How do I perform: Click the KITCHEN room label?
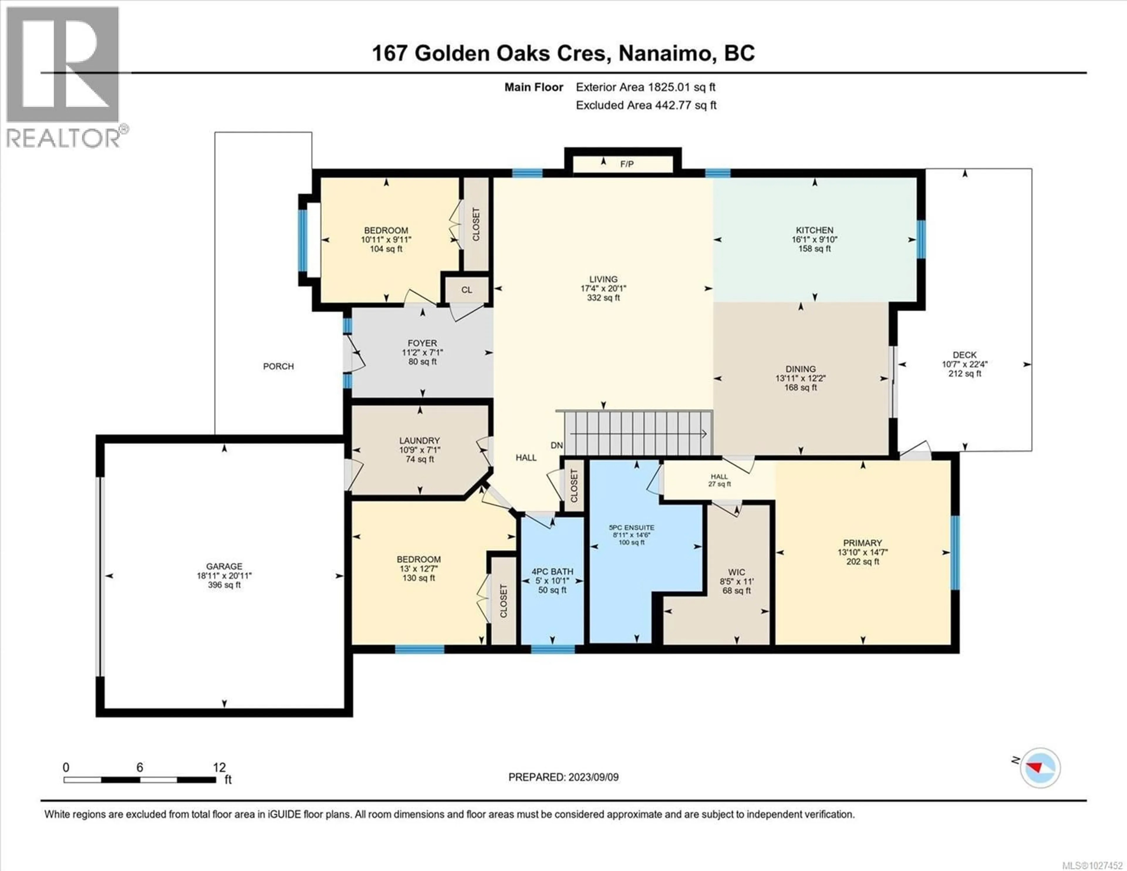point(814,230)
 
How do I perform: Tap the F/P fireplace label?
point(627,164)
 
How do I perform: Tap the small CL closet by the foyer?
point(466,290)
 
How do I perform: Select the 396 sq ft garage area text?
point(224,585)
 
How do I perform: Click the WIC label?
point(736,572)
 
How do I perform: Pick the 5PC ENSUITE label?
point(632,528)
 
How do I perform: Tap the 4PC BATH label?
point(552,572)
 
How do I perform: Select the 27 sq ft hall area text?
point(719,484)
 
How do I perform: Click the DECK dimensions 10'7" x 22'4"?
point(964,364)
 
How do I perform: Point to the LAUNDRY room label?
point(419,440)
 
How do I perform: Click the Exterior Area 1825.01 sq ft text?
point(645,87)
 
